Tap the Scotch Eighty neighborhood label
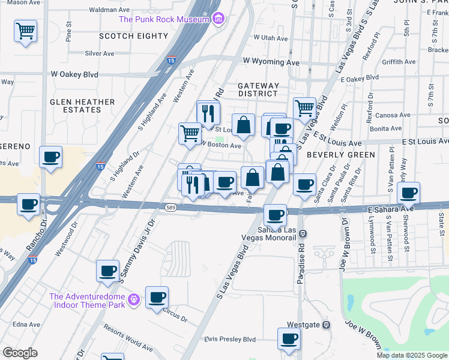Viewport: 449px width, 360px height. point(134,36)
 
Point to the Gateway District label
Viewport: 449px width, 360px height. point(258,89)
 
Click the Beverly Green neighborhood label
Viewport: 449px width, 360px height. point(340,154)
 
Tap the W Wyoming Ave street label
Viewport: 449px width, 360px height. point(271,62)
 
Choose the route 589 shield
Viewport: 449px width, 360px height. point(170,207)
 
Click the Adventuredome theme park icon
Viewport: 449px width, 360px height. point(133,298)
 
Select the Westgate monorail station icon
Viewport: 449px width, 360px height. point(326,325)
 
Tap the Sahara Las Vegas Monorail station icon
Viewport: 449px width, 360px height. point(303,234)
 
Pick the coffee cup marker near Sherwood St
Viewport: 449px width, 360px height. point(408,193)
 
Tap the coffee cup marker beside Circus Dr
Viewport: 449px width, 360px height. point(157,297)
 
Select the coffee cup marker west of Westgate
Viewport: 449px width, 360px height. point(288,338)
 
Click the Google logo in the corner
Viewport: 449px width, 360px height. point(20,353)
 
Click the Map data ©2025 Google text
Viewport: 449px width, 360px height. point(412,355)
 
